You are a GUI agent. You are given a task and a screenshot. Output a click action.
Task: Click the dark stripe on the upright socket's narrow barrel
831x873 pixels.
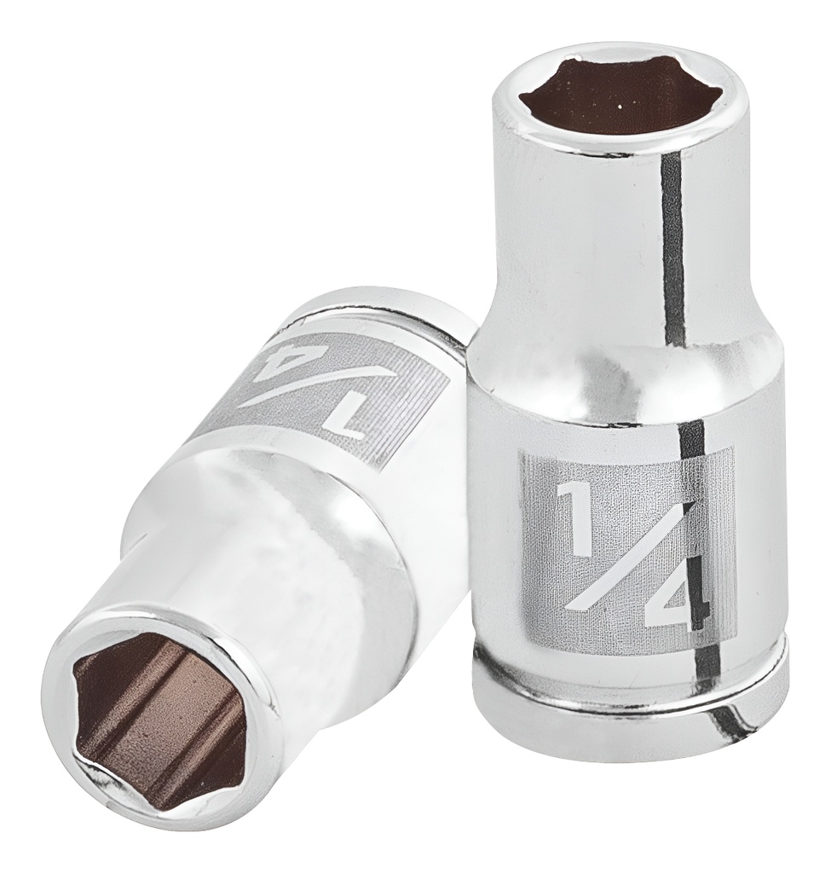672,247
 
